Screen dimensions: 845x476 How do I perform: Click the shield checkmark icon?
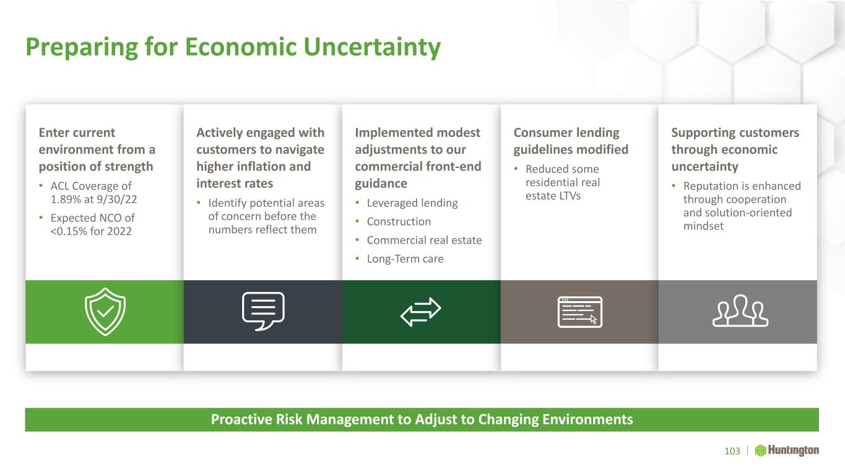(x=105, y=312)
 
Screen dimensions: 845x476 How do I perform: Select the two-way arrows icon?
(x=420, y=312)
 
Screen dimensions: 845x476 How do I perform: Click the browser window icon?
(x=580, y=312)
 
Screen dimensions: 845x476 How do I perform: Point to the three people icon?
(x=740, y=311)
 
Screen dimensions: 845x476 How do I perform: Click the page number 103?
(x=732, y=451)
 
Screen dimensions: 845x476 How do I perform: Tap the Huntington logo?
(x=787, y=451)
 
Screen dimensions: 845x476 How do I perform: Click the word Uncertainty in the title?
(x=372, y=47)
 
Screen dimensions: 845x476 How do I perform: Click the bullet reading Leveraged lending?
(x=412, y=203)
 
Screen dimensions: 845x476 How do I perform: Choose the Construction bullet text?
(x=399, y=221)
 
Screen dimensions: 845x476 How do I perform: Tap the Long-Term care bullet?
(x=405, y=259)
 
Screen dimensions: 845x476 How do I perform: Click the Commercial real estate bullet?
(x=425, y=240)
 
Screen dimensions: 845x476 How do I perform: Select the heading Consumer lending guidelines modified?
(x=571, y=141)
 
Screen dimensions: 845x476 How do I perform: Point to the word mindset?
(x=703, y=226)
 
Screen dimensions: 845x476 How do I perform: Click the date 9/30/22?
(x=116, y=199)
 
